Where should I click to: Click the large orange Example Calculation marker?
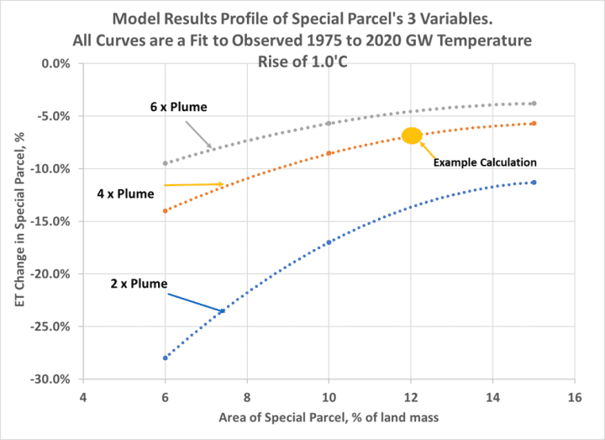(x=412, y=135)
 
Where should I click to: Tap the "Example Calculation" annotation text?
(x=485, y=162)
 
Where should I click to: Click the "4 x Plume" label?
(x=125, y=193)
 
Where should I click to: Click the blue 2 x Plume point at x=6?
(x=166, y=358)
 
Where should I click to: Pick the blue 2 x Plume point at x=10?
(x=329, y=242)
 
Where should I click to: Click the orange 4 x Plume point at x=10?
(x=329, y=153)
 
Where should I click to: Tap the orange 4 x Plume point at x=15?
(x=534, y=124)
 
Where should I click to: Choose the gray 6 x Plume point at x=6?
(x=166, y=163)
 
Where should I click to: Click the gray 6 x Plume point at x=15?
(x=534, y=103)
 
